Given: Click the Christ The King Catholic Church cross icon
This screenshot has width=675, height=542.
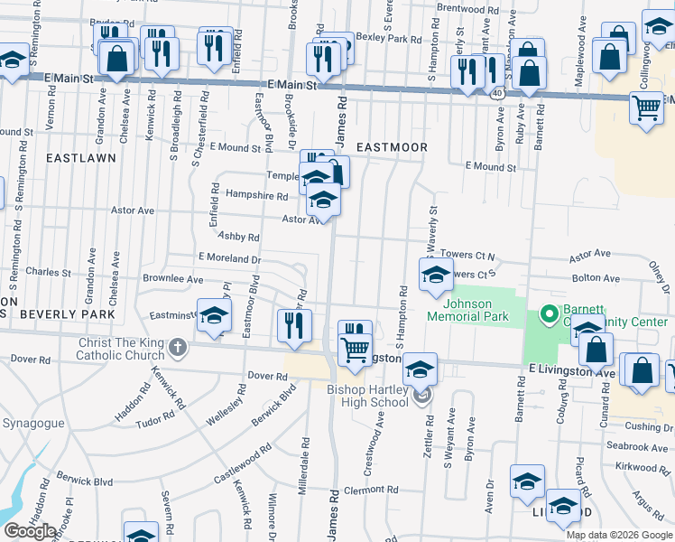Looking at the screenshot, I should pyautogui.click(x=178, y=346).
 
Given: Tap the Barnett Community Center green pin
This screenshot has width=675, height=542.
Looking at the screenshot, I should pyautogui.click(x=546, y=315).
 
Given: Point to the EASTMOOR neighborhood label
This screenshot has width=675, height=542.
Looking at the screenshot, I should pyautogui.click(x=391, y=146).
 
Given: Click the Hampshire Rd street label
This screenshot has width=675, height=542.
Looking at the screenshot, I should pyautogui.click(x=256, y=195).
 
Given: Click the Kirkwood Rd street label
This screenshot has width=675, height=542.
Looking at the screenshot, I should pyautogui.click(x=643, y=467).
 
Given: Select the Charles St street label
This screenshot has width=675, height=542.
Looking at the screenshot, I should pyautogui.click(x=49, y=271).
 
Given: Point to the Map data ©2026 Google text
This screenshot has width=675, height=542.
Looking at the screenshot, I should pyautogui.click(x=618, y=535).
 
